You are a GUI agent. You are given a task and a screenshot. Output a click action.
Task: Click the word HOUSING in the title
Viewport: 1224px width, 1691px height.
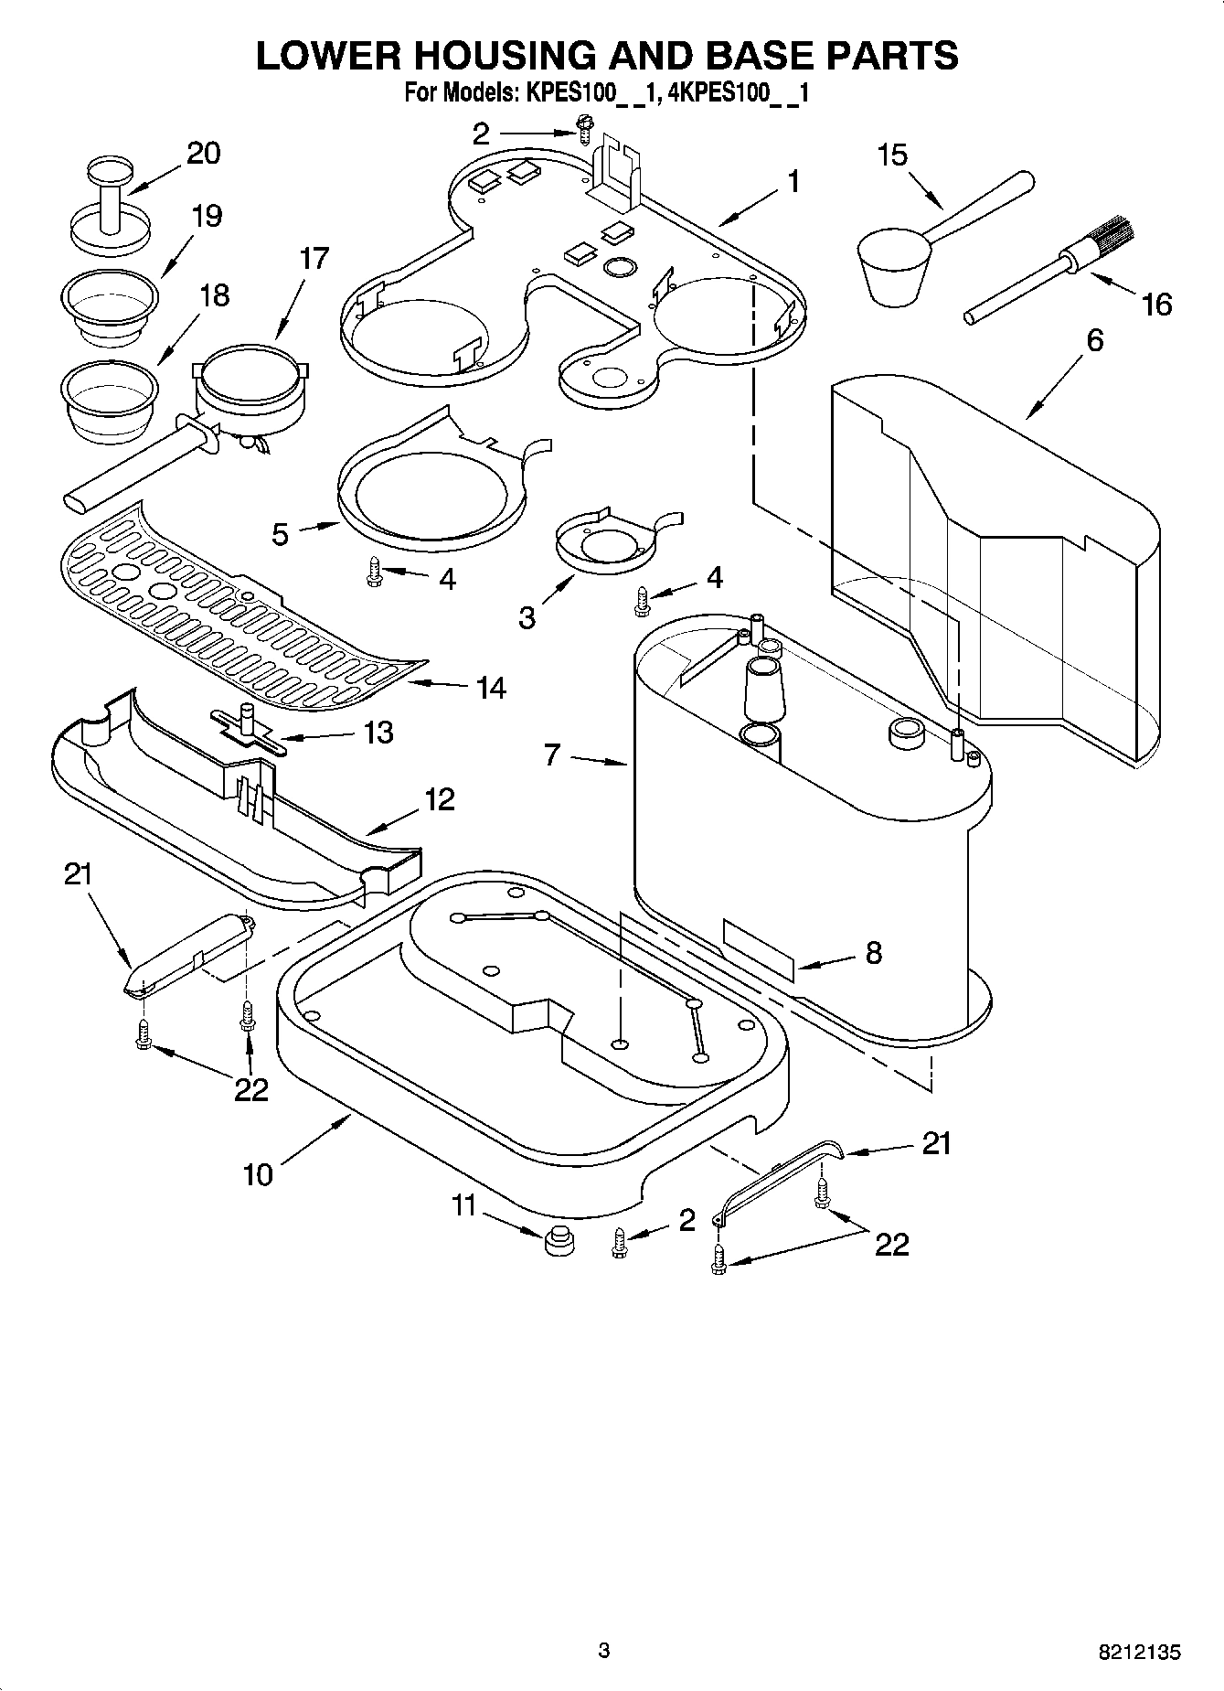(x=493, y=56)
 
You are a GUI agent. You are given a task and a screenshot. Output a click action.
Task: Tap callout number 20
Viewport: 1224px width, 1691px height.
(x=203, y=153)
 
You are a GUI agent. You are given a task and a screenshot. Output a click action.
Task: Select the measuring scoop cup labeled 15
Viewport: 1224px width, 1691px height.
(x=892, y=265)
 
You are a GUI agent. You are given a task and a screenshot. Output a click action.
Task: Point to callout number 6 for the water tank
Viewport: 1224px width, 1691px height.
(x=1094, y=340)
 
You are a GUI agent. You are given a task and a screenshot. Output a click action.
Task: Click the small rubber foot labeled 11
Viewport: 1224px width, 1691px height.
(x=557, y=1244)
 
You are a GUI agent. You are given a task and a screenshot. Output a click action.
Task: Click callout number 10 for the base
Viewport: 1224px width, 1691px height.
(x=259, y=1173)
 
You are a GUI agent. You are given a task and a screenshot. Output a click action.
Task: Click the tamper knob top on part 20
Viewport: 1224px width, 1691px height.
(x=110, y=169)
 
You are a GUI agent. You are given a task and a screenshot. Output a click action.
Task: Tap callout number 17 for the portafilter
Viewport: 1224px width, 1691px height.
(x=313, y=259)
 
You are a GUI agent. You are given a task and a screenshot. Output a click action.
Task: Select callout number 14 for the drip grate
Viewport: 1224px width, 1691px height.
(x=491, y=687)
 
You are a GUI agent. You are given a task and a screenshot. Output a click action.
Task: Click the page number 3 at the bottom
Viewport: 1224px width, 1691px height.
(x=603, y=1650)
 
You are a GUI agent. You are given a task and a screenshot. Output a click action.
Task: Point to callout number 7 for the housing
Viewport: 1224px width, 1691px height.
(x=552, y=755)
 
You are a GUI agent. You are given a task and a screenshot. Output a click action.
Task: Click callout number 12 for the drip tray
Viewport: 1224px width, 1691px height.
(x=439, y=799)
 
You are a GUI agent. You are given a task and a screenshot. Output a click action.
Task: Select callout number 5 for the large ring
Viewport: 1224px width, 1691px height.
(x=281, y=533)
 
